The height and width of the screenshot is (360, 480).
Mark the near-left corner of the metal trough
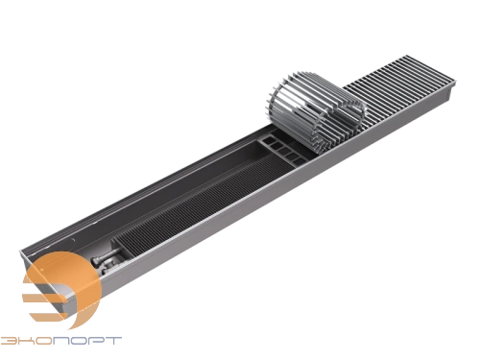[21, 252]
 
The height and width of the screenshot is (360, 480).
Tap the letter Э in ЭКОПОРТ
[8, 340]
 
